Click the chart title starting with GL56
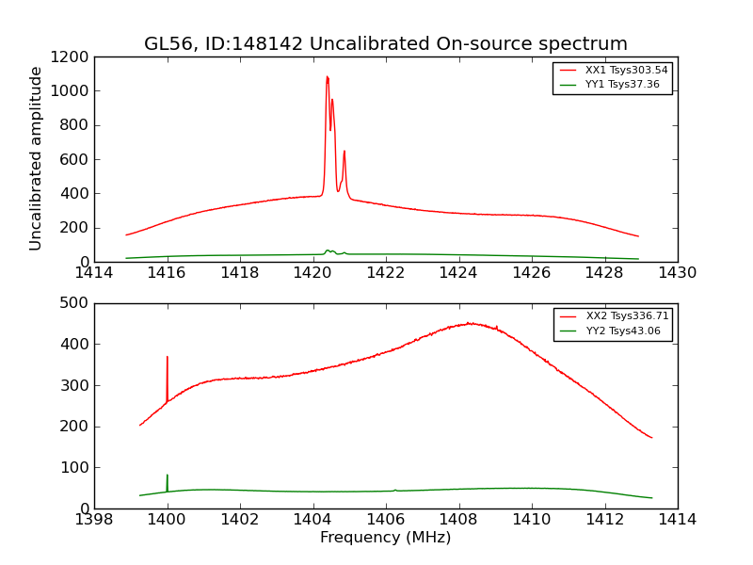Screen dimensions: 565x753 pos(385,44)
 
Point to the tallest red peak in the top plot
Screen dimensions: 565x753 pos(327,78)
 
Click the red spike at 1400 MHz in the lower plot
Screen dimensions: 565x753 pos(168,358)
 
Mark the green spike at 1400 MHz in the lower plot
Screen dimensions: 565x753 pos(168,476)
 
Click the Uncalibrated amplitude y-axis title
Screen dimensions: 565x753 pos(37,158)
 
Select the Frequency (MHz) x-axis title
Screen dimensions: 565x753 pos(385,538)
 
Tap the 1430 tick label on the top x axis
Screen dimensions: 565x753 pos(677,273)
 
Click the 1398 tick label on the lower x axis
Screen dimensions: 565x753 pos(94,520)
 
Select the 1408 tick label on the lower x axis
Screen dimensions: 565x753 pos(458,520)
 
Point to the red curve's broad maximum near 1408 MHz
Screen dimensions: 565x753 pos(469,323)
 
